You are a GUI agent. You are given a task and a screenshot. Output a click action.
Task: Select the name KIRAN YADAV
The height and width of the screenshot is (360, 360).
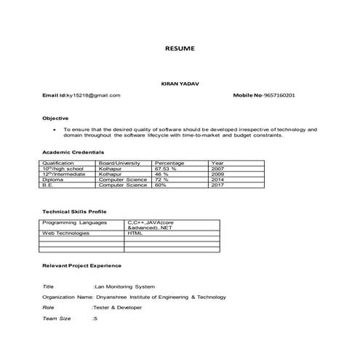tap(180, 84)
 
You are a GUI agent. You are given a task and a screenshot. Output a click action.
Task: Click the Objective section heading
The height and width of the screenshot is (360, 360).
tap(56, 118)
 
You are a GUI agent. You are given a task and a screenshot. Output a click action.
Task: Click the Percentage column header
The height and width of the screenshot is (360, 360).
tap(169, 164)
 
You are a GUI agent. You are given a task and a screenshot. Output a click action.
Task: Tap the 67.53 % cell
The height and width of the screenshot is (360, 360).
tap(167, 169)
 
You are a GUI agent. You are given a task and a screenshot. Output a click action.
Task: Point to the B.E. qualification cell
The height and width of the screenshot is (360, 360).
tap(49, 185)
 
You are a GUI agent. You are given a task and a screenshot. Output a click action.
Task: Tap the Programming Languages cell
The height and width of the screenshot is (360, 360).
tap(74, 223)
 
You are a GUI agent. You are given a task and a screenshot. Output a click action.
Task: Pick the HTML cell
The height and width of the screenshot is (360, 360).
tap(135, 233)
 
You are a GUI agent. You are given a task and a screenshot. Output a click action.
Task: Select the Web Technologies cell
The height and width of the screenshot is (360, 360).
tap(66, 233)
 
